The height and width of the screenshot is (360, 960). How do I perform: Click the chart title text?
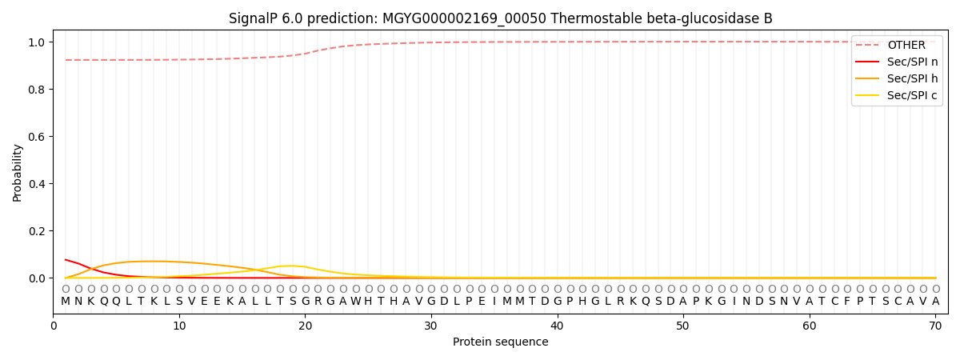click(500, 18)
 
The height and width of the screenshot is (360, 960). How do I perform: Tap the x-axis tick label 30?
click(431, 326)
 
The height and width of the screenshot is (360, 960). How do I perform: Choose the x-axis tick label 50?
click(682, 326)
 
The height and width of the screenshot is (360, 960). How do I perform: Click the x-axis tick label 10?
click(179, 326)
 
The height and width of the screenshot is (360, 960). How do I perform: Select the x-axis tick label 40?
click(557, 326)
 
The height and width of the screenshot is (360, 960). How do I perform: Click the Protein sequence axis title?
click(500, 342)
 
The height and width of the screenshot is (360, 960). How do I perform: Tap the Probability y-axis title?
click(18, 172)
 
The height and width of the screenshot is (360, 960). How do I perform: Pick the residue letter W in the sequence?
click(356, 302)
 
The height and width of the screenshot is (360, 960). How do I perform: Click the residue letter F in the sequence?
click(847, 302)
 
